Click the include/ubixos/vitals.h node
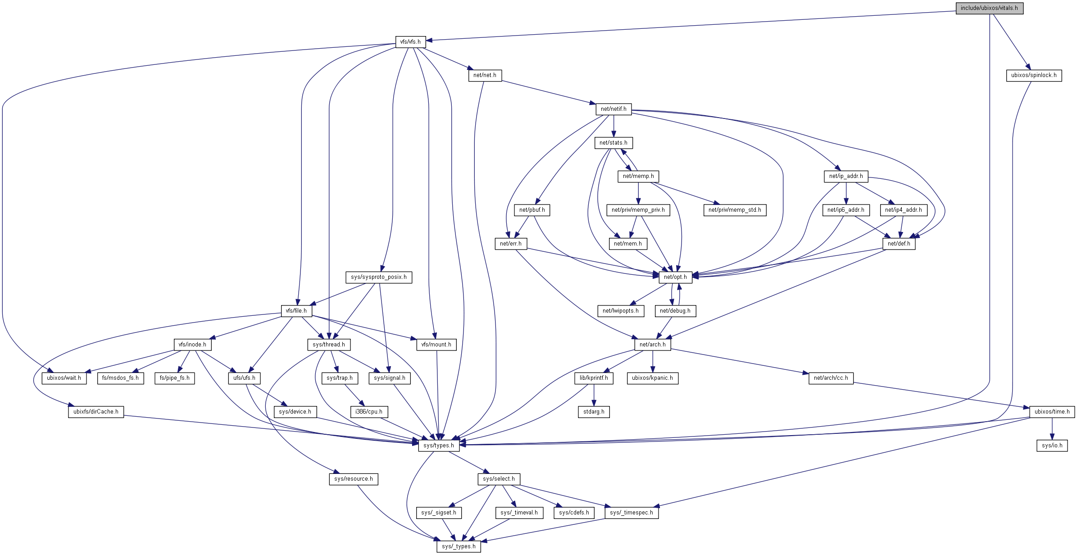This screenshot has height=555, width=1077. tap(989, 8)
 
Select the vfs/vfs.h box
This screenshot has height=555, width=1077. tap(410, 42)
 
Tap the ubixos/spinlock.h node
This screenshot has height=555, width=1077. tap(1034, 75)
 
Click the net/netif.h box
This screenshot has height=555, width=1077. tap(613, 109)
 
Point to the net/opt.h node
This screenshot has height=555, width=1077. tap(675, 277)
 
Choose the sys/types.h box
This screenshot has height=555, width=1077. tap(439, 446)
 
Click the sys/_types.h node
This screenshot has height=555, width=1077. tap(459, 546)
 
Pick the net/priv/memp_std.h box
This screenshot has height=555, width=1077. tap(735, 210)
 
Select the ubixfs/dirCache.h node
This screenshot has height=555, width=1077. tap(96, 412)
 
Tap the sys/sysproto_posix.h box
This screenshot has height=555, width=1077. tap(379, 277)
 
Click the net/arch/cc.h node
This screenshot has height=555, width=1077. tap(831, 378)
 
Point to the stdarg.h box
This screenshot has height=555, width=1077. tap(594, 412)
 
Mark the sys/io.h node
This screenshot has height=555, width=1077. tap(1052, 446)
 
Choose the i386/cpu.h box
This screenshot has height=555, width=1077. tap(369, 412)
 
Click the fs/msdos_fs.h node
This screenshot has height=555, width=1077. tap(120, 378)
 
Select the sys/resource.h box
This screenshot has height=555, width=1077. tap(354, 479)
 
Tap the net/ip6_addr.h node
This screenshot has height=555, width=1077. tap(846, 210)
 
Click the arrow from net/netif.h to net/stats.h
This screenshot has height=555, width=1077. tap(613, 126)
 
